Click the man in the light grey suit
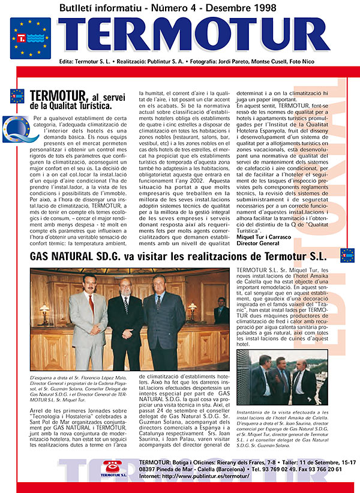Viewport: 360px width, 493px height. click(88, 321)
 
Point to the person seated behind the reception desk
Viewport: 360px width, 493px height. click(220, 312)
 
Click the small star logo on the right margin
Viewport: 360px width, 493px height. click(348, 255)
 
